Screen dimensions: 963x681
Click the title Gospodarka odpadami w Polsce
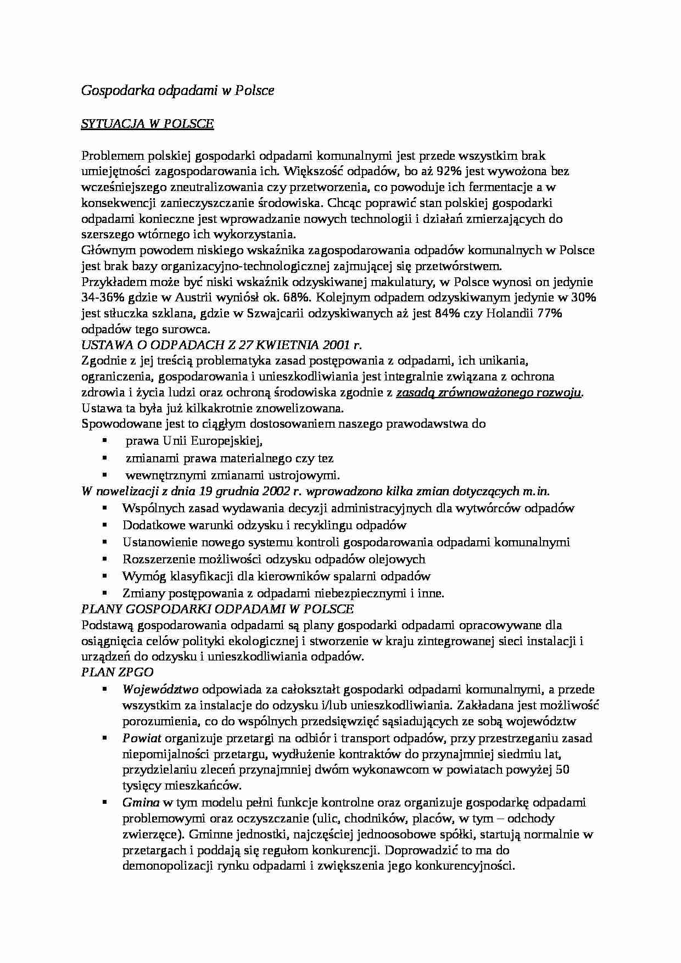(177, 91)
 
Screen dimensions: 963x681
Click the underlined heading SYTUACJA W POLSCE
(147, 124)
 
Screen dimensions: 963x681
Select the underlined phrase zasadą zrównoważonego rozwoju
(488, 393)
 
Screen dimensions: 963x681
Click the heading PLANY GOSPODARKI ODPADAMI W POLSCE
(217, 609)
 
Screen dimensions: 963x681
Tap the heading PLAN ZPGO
(117, 672)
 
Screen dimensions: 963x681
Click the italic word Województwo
(160, 690)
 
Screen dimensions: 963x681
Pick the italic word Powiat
(142, 738)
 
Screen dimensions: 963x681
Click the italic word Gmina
(141, 803)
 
